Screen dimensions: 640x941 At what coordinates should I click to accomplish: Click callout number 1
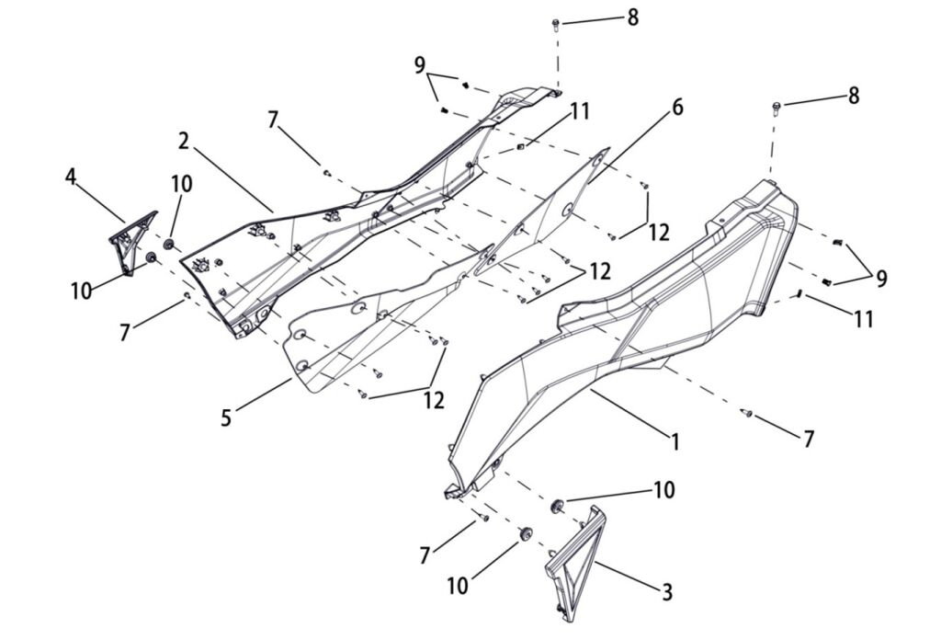click(675, 442)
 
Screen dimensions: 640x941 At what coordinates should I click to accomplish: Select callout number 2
click(184, 141)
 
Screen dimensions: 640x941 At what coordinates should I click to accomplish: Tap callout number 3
click(667, 591)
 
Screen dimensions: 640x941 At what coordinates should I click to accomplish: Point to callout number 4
click(71, 175)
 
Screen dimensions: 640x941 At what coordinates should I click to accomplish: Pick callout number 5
click(226, 418)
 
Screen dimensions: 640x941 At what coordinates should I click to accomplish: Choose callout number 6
click(676, 107)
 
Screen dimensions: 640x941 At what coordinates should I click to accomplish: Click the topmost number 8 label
click(632, 17)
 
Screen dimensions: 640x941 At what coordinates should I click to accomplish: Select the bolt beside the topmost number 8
click(557, 25)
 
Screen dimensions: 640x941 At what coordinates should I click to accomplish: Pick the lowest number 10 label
click(458, 586)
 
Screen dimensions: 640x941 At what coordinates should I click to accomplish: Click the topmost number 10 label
click(181, 184)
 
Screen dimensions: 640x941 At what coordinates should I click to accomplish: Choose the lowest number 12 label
click(434, 400)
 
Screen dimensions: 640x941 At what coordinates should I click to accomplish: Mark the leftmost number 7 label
click(125, 333)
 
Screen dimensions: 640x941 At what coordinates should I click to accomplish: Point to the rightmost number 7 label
click(808, 439)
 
